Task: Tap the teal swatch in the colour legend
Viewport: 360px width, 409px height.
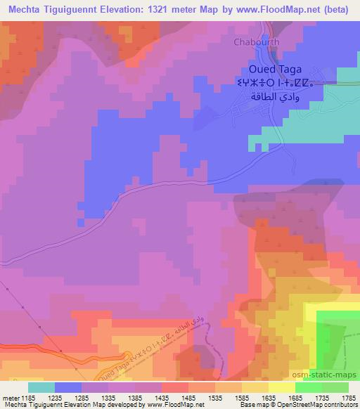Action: tap(41, 387)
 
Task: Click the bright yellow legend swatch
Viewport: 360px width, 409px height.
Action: tap(281, 387)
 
